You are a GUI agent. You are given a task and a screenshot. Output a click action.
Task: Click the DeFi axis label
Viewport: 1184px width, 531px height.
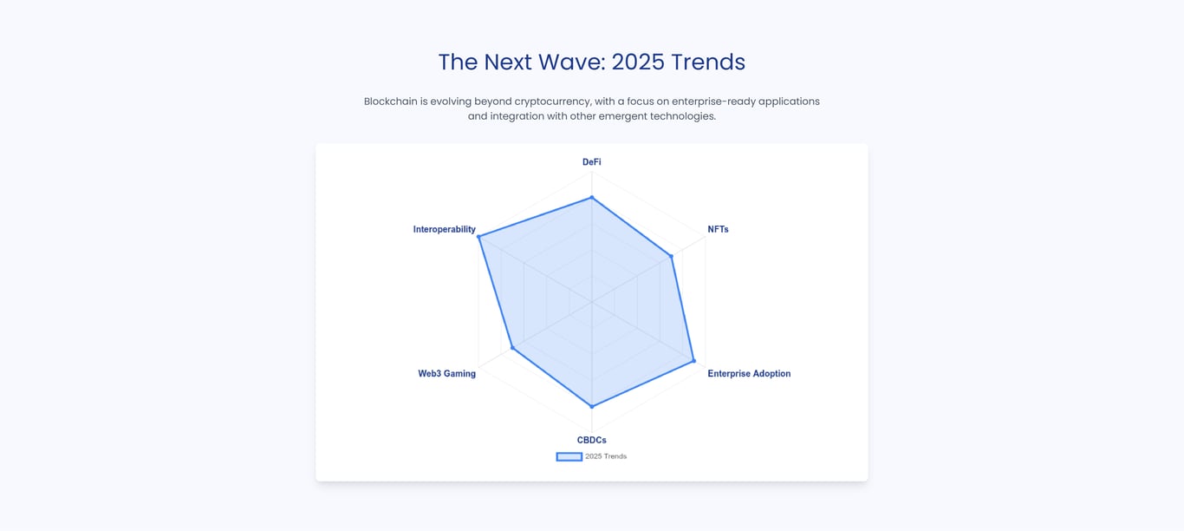click(591, 162)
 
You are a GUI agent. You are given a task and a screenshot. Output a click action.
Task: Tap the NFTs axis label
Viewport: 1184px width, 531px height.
click(718, 229)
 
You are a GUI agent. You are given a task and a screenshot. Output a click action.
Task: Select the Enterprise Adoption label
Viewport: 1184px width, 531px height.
click(749, 373)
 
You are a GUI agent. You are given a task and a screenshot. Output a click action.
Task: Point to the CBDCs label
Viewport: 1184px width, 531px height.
click(591, 440)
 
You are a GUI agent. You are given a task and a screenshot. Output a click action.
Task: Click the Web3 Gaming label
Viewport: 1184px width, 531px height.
click(446, 373)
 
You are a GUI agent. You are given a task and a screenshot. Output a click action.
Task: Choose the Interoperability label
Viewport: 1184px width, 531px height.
click(444, 229)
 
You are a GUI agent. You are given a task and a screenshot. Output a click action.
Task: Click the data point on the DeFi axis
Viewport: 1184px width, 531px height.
click(592, 198)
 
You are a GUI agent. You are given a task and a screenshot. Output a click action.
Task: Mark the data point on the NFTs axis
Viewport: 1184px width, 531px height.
click(671, 256)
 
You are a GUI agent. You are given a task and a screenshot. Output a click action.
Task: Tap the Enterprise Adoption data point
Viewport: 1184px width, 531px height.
click(694, 361)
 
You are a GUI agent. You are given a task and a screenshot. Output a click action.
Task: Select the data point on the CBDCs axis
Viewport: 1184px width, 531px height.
click(592, 406)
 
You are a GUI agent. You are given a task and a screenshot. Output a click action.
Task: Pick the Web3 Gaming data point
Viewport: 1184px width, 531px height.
click(512, 347)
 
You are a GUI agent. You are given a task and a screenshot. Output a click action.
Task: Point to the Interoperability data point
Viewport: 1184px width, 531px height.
click(478, 237)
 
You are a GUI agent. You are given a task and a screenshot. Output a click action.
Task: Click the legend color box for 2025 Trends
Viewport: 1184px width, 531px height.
click(569, 456)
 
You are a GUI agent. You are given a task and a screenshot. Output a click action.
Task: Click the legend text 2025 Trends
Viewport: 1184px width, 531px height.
click(606, 456)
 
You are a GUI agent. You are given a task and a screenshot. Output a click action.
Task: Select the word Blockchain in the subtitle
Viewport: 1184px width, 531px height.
click(391, 101)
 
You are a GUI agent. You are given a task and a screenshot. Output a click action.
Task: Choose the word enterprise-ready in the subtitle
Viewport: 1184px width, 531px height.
click(713, 102)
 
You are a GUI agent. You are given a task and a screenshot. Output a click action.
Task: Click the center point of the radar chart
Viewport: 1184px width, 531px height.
click(592, 302)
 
